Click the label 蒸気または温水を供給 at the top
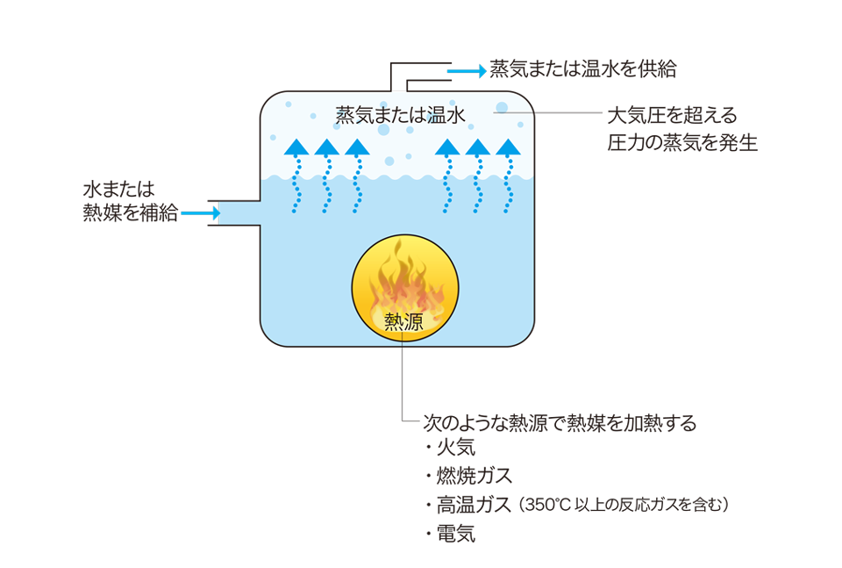coord(583,70)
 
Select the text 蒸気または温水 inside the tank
coord(397,115)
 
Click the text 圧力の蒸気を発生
coord(681,142)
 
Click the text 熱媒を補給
coord(131,212)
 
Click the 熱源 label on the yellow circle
coord(403,322)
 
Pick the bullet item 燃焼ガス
coord(474,477)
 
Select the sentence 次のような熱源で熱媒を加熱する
coord(560,423)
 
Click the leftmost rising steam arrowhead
coord(296,147)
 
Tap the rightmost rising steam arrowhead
coord(507,147)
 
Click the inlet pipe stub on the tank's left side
coord(239,213)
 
